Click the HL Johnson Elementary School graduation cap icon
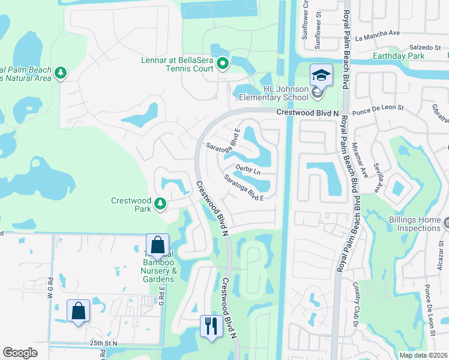point(321,76)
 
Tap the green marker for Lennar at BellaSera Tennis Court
point(223,62)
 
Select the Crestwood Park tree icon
point(160,205)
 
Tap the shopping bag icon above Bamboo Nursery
point(157,245)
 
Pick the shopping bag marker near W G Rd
point(78,311)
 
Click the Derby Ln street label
point(247,170)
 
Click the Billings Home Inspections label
point(414,224)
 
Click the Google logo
point(20,353)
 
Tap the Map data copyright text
point(423,355)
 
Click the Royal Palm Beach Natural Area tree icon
point(61,73)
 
